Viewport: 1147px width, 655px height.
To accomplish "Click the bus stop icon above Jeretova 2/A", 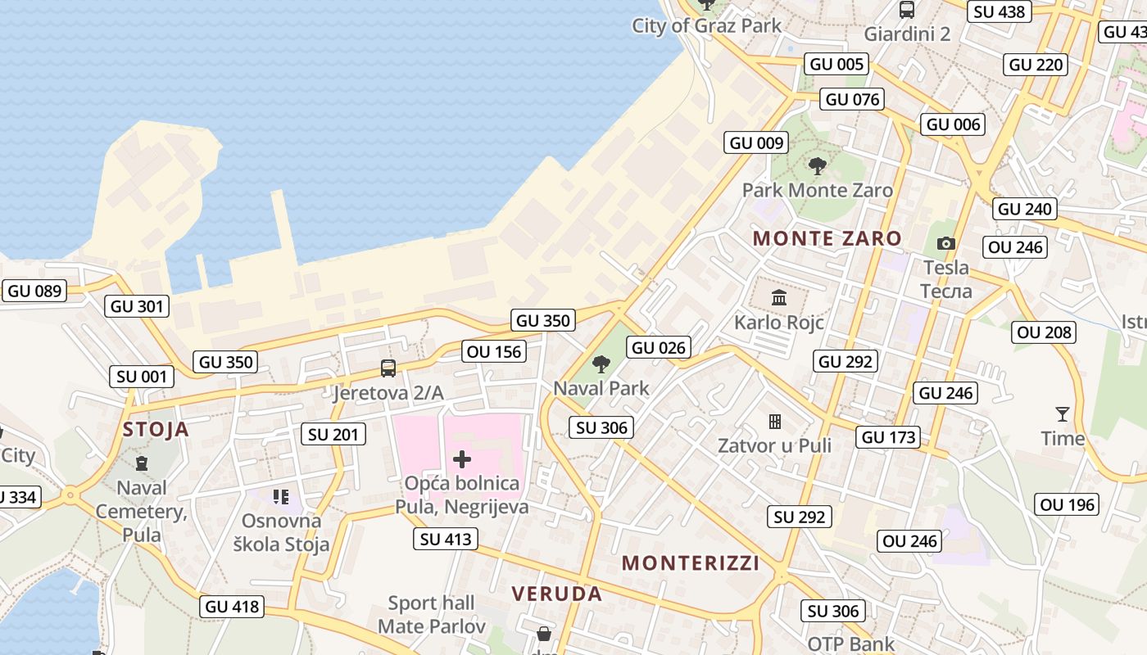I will pyautogui.click(x=388, y=368).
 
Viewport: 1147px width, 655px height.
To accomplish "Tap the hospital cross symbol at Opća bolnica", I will pyautogui.click(x=462, y=459).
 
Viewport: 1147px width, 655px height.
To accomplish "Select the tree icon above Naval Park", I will pyautogui.click(x=601, y=364).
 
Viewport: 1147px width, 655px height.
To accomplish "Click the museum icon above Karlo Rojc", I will pyautogui.click(x=778, y=297).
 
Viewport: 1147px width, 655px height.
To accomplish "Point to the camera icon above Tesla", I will pyautogui.click(x=946, y=243).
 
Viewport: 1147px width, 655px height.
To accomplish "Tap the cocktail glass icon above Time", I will pyautogui.click(x=1063, y=414).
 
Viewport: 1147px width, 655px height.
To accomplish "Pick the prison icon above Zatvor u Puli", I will pyautogui.click(x=774, y=422).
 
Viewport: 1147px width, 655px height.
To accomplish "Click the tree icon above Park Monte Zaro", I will pyautogui.click(x=817, y=166).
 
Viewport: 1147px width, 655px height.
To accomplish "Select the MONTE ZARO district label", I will pyautogui.click(x=827, y=239).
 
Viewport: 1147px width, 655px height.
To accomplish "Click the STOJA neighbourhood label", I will pyautogui.click(x=156, y=429).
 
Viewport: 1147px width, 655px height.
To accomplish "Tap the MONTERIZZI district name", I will pyautogui.click(x=691, y=563).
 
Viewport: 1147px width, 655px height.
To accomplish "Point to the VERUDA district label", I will pyautogui.click(x=557, y=594).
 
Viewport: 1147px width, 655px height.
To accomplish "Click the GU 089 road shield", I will pyautogui.click(x=34, y=291).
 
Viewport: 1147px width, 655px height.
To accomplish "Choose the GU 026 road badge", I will pyautogui.click(x=659, y=348).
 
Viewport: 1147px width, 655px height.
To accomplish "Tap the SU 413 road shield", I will pyautogui.click(x=446, y=539).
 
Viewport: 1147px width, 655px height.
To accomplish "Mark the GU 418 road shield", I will pyautogui.click(x=233, y=607).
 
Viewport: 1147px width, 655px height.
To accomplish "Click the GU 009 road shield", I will pyautogui.click(x=757, y=143).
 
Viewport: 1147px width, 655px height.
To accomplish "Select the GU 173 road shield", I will pyautogui.click(x=889, y=437).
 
